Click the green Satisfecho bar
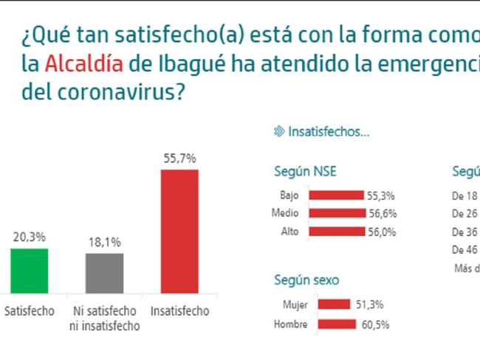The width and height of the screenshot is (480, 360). coord(29,271)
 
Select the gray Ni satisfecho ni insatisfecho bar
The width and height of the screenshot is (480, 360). coord(104,274)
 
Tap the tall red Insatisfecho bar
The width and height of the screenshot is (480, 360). coord(179,232)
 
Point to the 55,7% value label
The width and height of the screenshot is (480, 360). coord(179,158)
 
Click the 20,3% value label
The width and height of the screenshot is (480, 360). coord(30,237)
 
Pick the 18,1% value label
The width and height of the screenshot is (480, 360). coord(104,241)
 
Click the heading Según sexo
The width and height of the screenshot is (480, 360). coord(307,280)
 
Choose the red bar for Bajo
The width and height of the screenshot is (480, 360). coord(336,196)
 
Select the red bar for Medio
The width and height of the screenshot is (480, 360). coord(337,214)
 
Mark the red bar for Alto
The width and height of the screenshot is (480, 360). coord(337,232)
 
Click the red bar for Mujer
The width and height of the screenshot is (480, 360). coord(332,304)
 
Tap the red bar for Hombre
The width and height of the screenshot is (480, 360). coord(339,325)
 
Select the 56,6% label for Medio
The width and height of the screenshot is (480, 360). coord(382,214)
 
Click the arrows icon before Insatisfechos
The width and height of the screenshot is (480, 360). coord(278,131)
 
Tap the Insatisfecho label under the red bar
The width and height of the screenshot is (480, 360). coord(179,311)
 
